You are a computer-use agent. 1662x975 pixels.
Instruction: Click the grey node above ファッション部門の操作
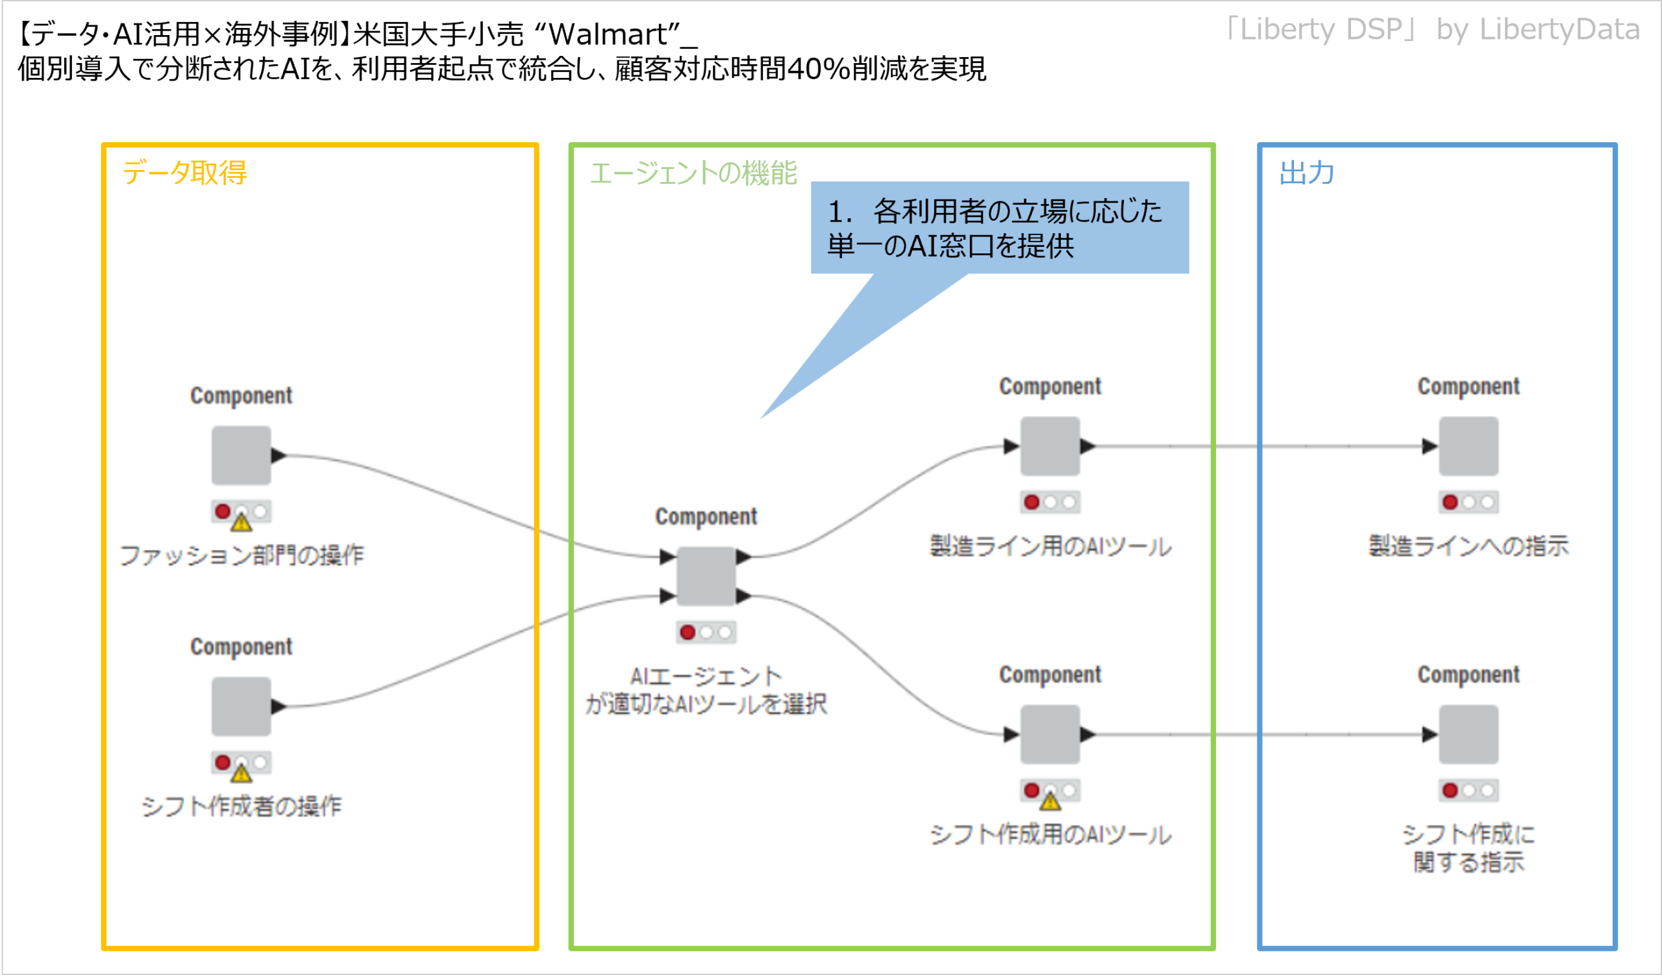[241, 455]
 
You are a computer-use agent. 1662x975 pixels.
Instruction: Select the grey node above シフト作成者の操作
[241, 706]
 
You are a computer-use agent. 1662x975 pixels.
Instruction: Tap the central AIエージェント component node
[706, 576]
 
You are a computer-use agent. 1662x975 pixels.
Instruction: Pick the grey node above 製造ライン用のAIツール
[1050, 446]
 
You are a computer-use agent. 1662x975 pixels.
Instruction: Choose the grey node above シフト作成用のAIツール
[1050, 734]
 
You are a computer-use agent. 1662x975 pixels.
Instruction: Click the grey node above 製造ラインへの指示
[1468, 446]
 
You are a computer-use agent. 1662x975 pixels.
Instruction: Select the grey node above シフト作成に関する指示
[1468, 734]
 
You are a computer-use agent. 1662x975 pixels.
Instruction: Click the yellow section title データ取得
[184, 173]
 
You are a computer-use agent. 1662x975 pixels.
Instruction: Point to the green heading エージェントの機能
[693, 173]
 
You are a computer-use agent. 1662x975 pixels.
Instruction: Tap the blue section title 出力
[1306, 173]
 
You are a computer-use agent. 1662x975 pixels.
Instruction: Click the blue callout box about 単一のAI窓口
[999, 227]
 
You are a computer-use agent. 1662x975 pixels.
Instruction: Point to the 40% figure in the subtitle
[818, 69]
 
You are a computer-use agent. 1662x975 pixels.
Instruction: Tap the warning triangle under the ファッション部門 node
[242, 523]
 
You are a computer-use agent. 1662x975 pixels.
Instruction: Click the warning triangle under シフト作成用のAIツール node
[1050, 802]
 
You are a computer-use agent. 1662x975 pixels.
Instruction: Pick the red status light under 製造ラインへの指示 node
[1450, 502]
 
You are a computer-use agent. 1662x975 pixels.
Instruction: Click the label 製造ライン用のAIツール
[1050, 546]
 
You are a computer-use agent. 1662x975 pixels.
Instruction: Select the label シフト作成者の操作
[242, 806]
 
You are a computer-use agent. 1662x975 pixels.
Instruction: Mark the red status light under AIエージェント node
[688, 632]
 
